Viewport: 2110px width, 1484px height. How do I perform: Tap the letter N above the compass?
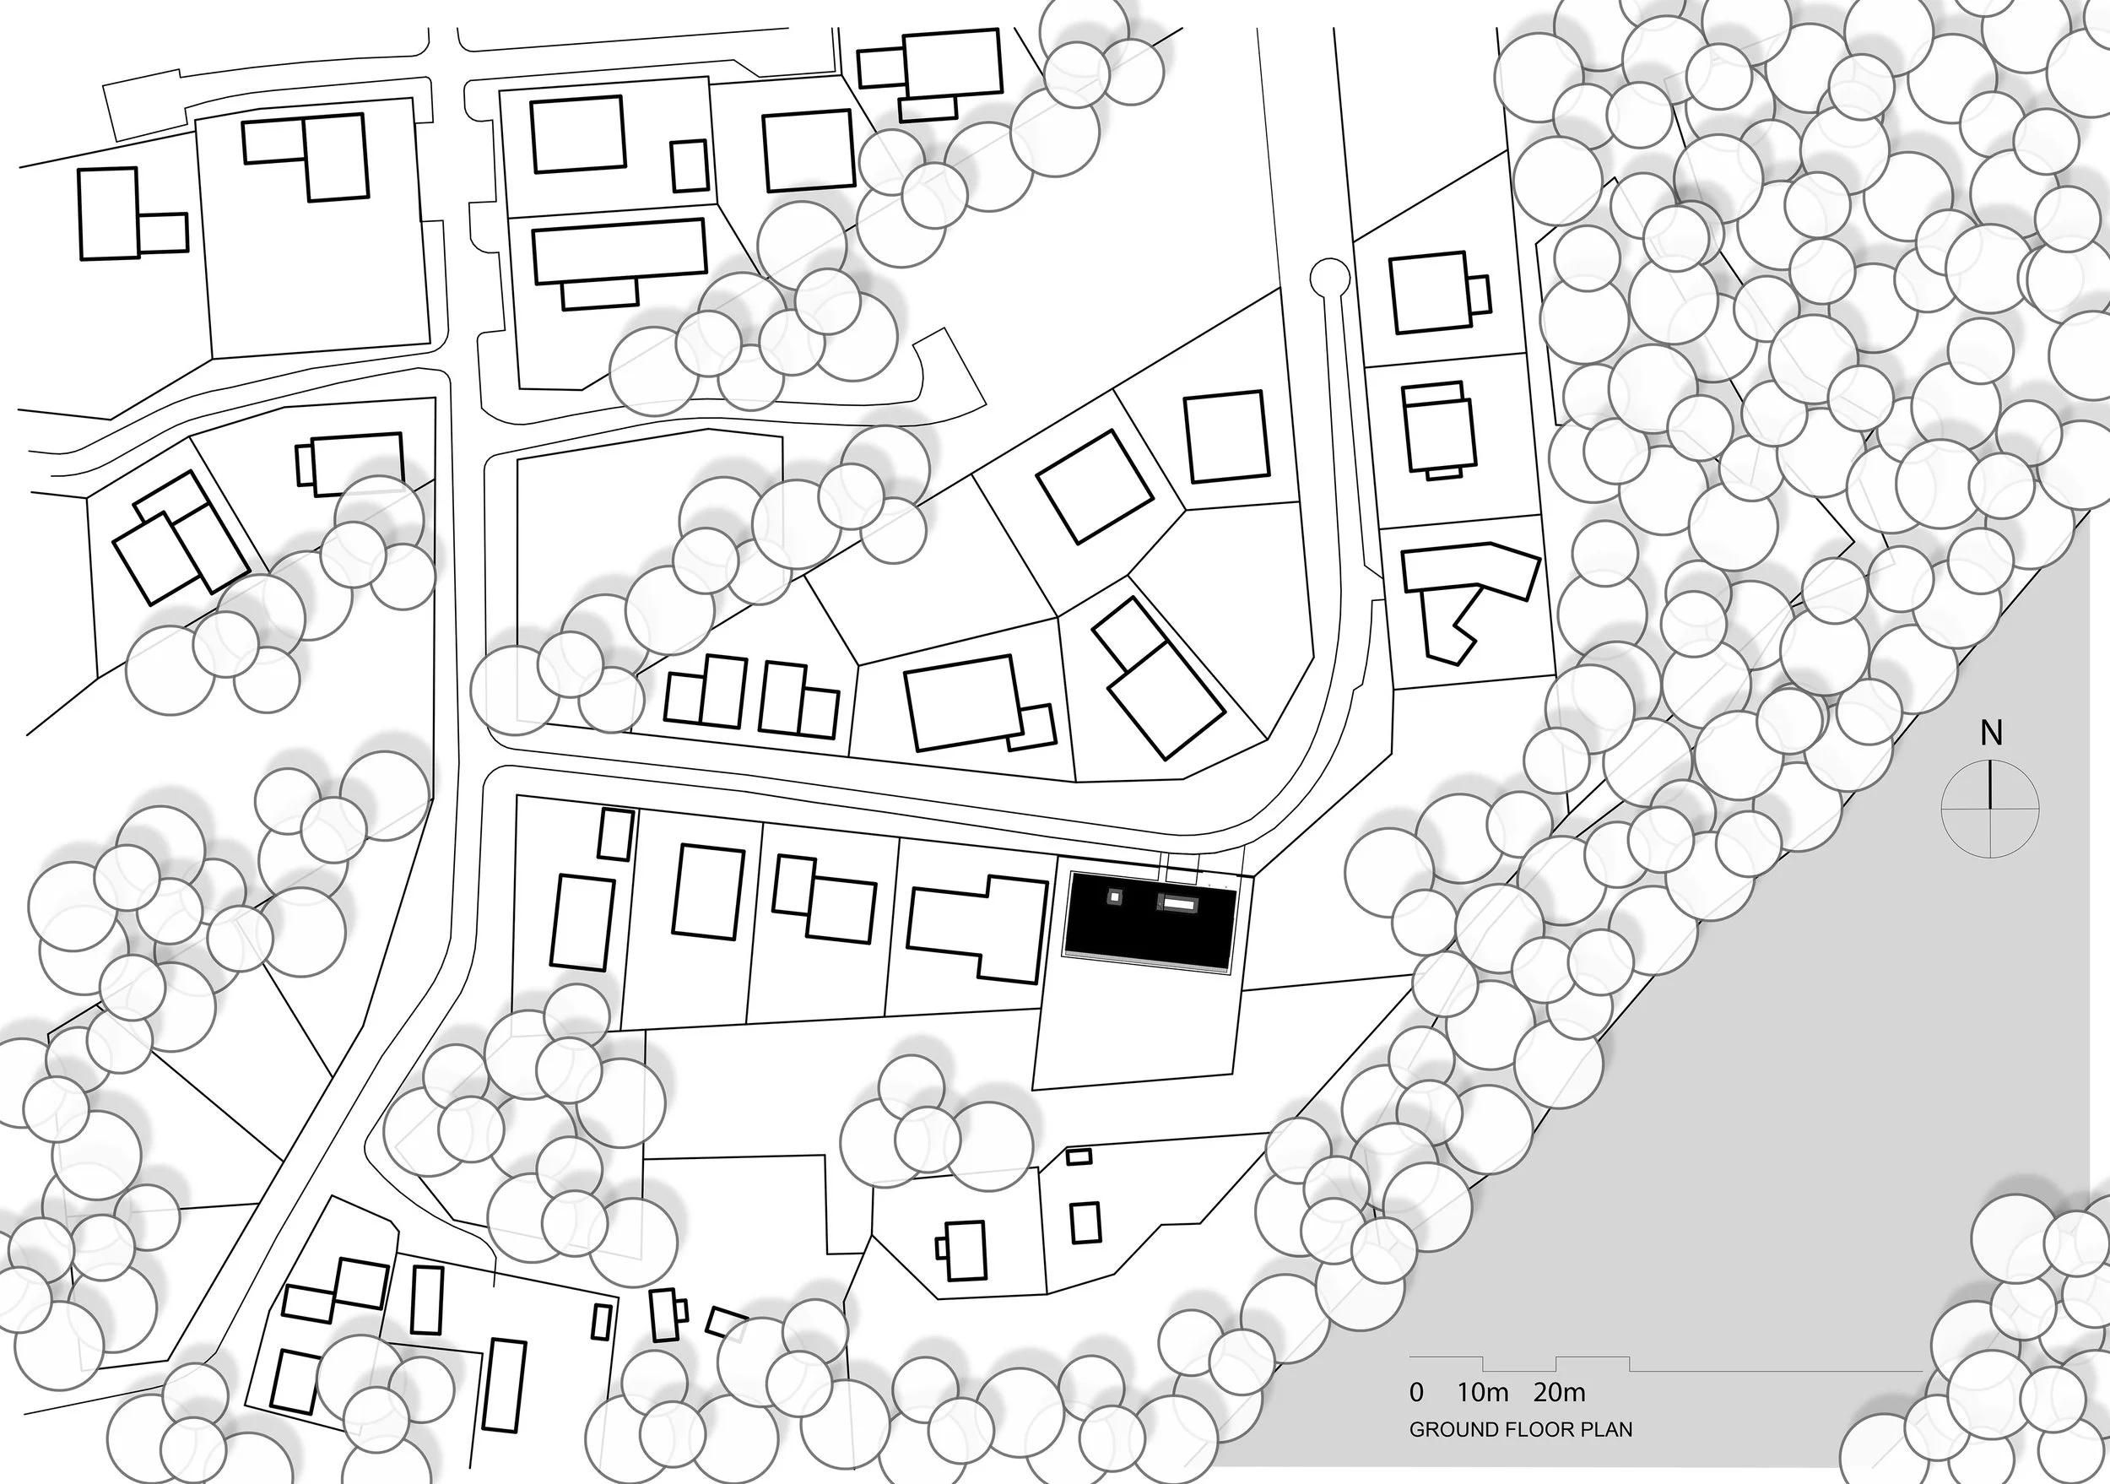[1989, 735]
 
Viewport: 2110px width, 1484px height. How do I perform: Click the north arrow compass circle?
[1989, 809]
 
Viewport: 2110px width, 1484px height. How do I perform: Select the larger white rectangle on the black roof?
[1178, 904]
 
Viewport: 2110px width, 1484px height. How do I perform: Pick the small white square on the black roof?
[1116, 896]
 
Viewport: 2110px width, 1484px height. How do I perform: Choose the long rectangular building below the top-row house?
[620, 250]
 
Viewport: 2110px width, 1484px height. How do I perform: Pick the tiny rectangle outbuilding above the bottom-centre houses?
[1078, 1156]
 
